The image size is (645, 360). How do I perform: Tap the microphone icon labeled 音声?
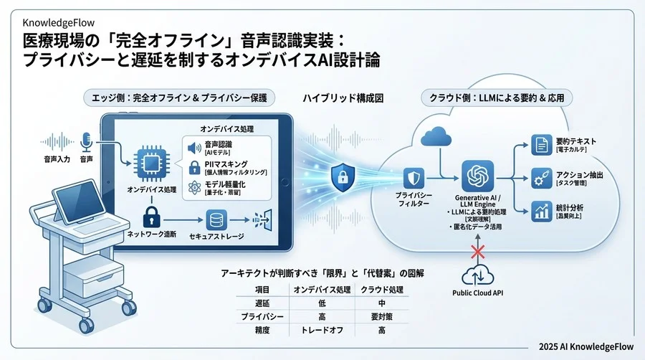tap(87, 140)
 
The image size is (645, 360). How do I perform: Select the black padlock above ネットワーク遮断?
tap(151, 216)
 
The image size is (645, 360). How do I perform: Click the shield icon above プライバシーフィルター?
tap(413, 178)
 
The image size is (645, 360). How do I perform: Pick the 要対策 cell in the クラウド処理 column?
tap(382, 316)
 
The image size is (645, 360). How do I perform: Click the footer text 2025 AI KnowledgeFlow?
tap(585, 344)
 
